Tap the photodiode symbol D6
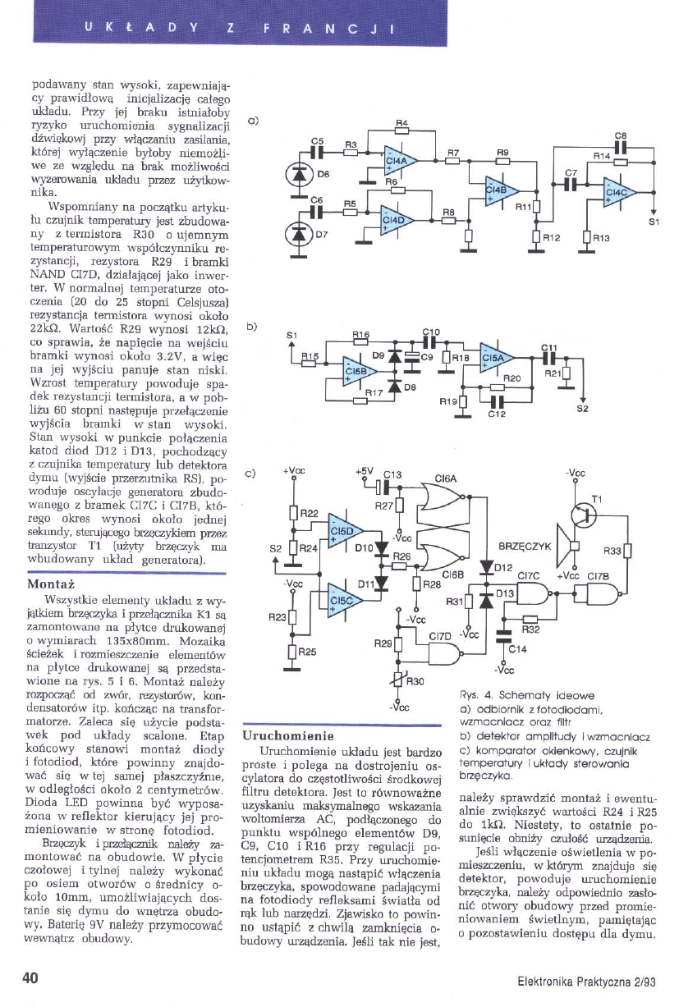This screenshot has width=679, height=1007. pyautogui.click(x=300, y=174)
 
